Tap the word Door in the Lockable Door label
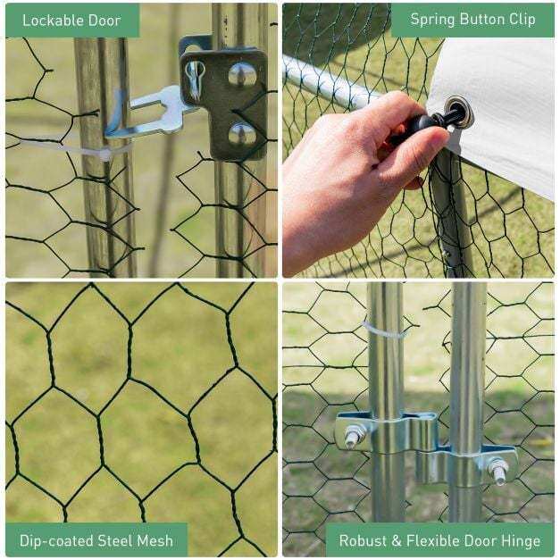pos(104,21)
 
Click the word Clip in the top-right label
pos(522,19)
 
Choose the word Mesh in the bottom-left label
pos(155,540)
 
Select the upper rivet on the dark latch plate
pos(242,75)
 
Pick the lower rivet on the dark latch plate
pos(242,134)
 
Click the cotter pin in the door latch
pos(195,79)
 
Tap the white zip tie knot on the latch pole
pos(104,154)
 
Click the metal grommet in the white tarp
pos(458,112)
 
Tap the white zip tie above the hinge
pos(385,331)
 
